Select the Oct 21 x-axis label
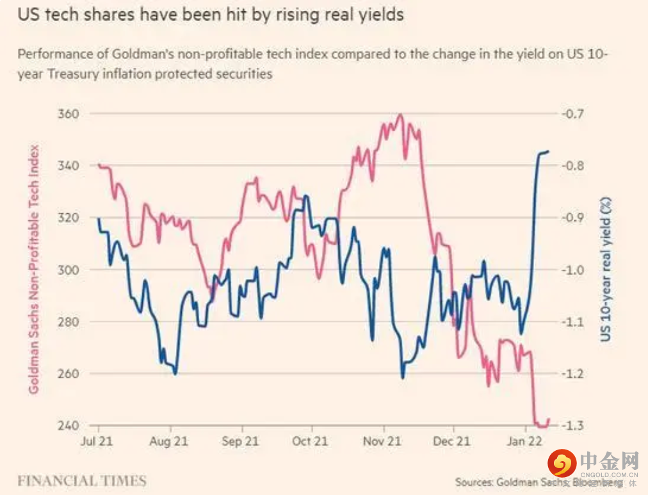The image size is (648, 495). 310,441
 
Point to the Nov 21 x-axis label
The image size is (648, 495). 383,441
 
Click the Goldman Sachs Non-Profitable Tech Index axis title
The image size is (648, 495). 34,269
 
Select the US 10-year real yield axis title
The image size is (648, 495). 605,269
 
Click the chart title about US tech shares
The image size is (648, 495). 211,15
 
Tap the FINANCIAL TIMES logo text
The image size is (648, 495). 82,481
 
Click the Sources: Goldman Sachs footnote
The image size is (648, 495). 538,482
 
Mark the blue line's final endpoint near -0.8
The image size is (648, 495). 549,151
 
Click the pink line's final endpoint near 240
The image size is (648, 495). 549,419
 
